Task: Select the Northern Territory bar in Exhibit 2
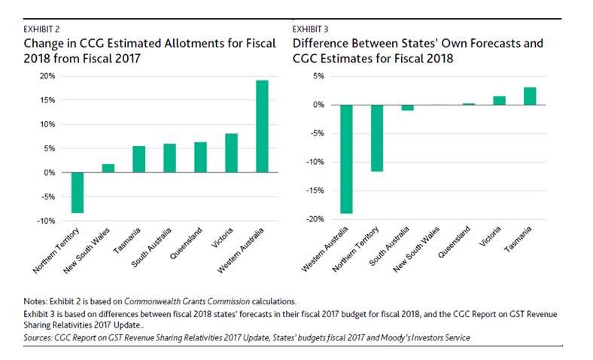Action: pyautogui.click(x=77, y=192)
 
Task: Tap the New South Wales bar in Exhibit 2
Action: pyautogui.click(x=108, y=168)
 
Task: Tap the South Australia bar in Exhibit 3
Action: pyautogui.click(x=408, y=108)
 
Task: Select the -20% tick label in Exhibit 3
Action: pyautogui.click(x=314, y=219)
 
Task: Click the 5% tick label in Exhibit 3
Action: pyautogui.click(x=318, y=76)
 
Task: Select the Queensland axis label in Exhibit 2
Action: pyautogui.click(x=185, y=246)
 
